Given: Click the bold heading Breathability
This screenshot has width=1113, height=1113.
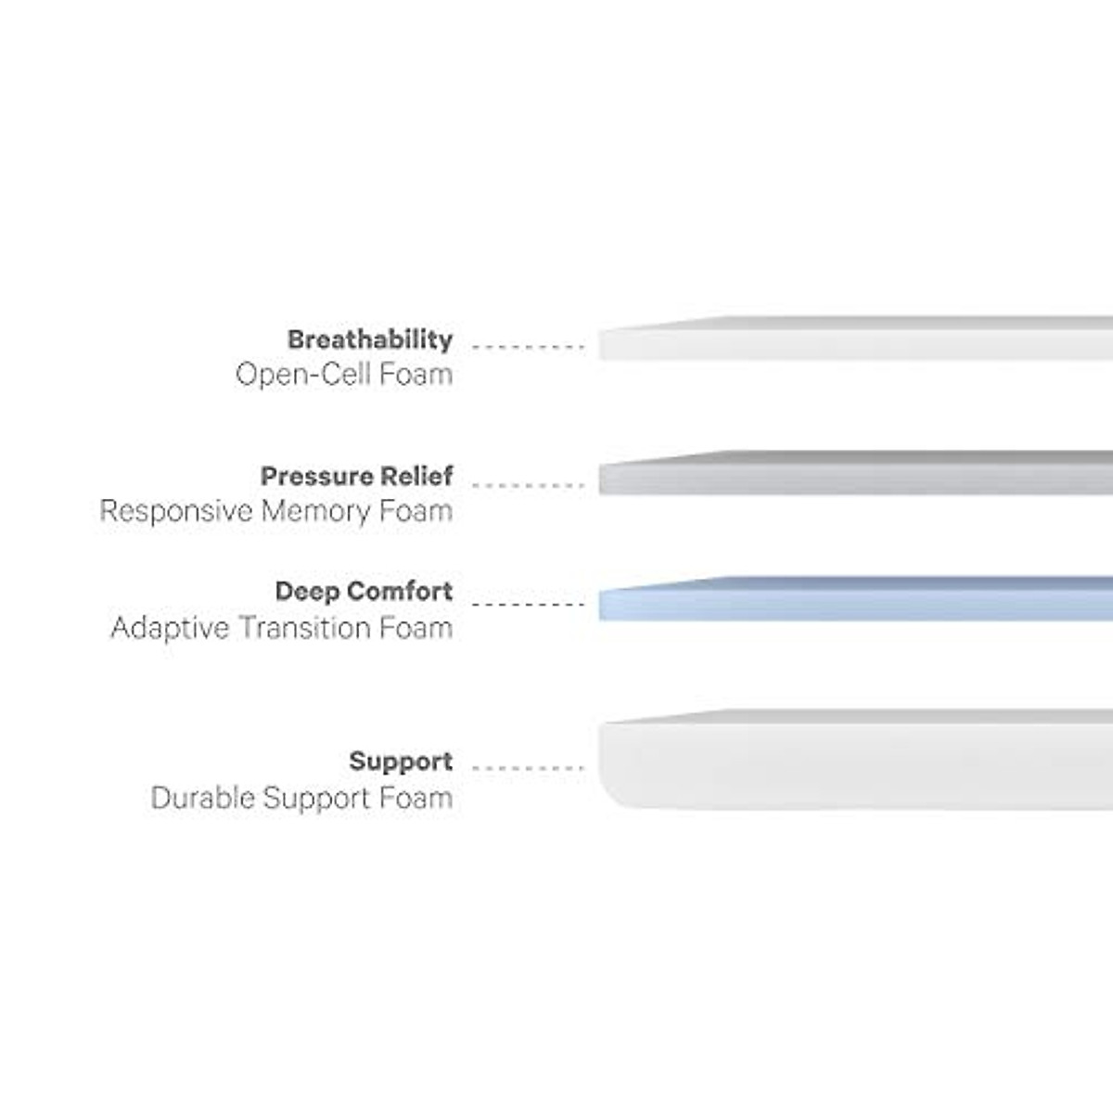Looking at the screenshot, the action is [x=369, y=339].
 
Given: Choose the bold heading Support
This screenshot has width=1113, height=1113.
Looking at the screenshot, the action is [x=401, y=762].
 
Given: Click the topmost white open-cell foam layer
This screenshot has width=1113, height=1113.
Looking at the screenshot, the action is [x=853, y=341].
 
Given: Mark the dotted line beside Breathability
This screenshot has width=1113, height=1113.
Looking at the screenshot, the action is [x=528, y=347].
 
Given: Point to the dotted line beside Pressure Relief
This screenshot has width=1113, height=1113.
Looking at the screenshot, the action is [x=528, y=485].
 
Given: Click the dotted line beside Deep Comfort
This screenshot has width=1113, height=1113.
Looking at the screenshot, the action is [x=528, y=605].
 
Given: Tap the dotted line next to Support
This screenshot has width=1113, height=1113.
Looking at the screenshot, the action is [x=528, y=768].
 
